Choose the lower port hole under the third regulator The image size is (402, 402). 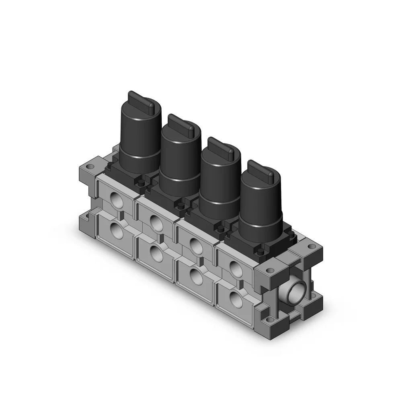pyautogui.click(x=196, y=277)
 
